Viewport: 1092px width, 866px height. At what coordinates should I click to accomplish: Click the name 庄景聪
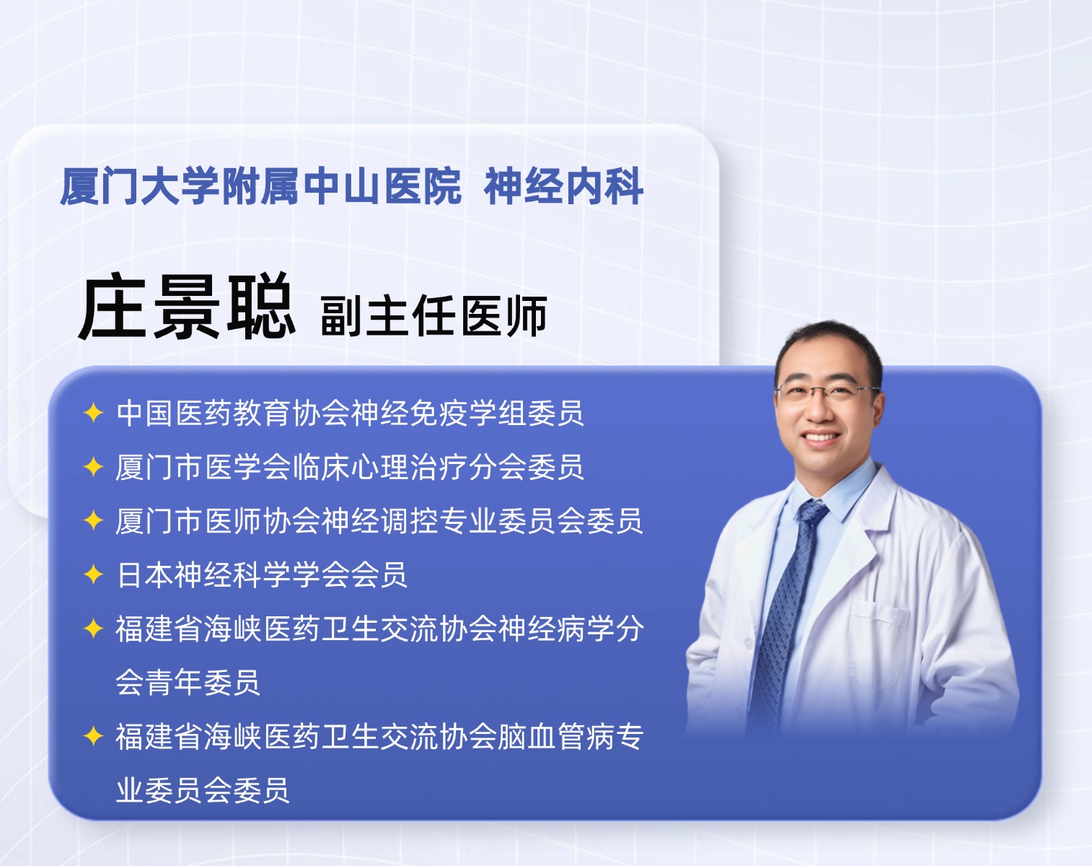click(186, 306)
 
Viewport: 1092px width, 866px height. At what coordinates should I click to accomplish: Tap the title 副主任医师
click(434, 315)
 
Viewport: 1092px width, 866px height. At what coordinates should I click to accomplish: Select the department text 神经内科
click(564, 186)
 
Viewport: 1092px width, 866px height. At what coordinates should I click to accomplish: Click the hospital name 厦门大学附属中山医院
click(261, 186)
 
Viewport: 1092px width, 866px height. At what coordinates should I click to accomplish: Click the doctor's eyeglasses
click(827, 392)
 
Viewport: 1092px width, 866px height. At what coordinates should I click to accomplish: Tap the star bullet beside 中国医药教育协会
click(94, 412)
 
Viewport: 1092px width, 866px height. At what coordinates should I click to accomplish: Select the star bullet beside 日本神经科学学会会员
click(94, 575)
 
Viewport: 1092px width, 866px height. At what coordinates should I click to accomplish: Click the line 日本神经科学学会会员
click(262, 575)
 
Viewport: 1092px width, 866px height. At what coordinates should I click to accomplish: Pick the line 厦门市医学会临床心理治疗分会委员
click(350, 467)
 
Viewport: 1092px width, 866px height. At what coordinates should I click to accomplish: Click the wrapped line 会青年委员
click(188, 682)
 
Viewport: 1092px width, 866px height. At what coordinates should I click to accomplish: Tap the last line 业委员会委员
click(203, 790)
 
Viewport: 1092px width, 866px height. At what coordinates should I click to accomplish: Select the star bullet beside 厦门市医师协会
click(94, 520)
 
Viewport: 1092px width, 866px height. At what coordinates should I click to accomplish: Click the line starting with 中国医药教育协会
click(350, 412)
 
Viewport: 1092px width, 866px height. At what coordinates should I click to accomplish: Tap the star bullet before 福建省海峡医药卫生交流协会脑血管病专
click(94, 736)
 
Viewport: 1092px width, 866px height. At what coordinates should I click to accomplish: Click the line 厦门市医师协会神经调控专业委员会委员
click(379, 520)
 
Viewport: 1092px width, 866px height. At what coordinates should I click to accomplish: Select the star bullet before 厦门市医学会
click(94, 467)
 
